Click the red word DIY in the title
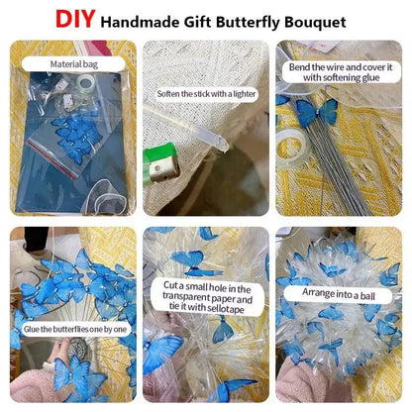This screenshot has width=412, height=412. click(x=75, y=19)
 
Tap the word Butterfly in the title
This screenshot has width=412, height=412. click(x=249, y=22)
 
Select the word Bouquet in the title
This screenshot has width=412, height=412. click(x=315, y=23)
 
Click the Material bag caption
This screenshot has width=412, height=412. click(x=74, y=64)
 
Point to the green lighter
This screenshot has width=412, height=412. click(x=161, y=161)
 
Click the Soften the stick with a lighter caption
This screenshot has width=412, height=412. click(x=206, y=94)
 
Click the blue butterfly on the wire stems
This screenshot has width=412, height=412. click(x=316, y=113)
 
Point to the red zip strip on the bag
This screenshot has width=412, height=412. click(x=51, y=159)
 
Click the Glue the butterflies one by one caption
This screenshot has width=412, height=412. click(x=75, y=329)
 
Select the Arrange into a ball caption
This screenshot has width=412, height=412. click(x=339, y=293)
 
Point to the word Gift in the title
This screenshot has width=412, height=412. click(x=198, y=22)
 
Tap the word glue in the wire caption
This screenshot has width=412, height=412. click(x=368, y=78)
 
